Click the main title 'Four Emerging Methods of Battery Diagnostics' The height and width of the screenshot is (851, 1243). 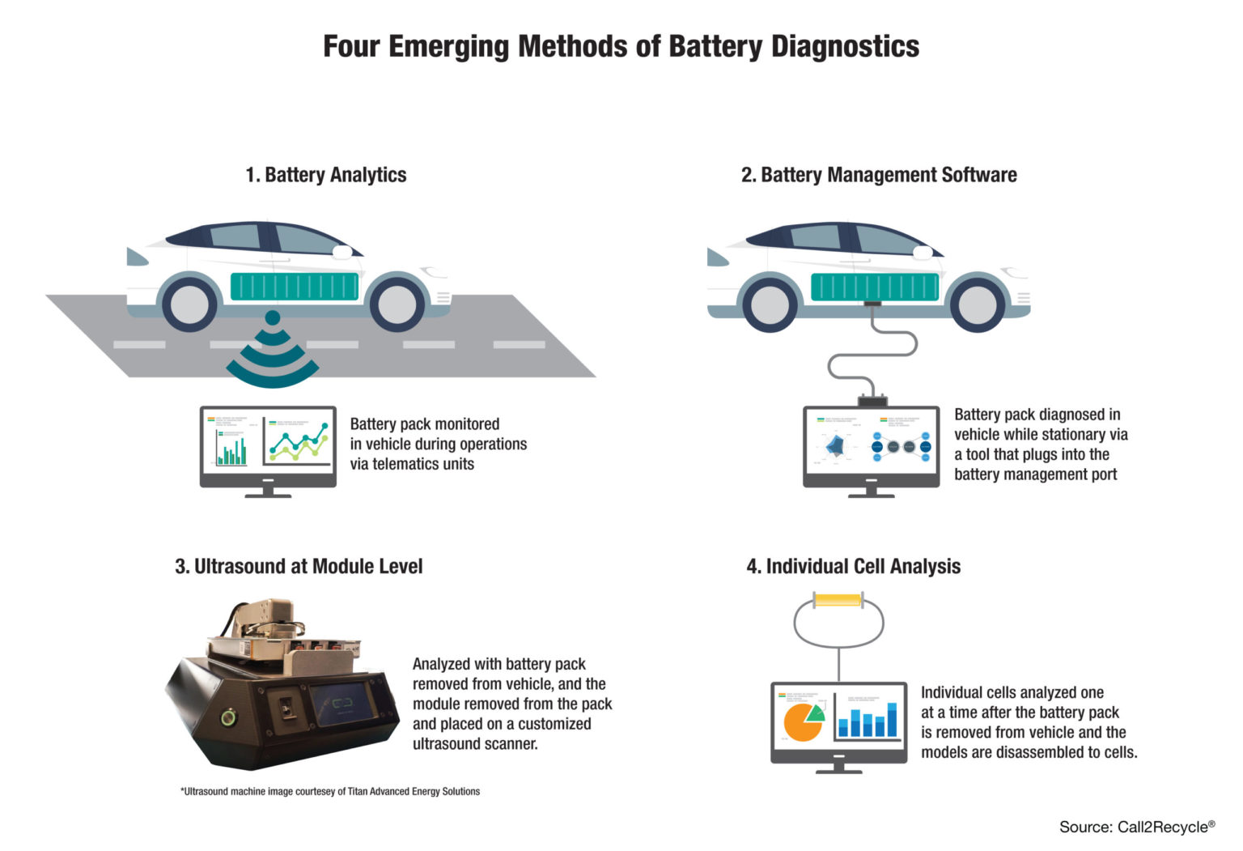[621, 46]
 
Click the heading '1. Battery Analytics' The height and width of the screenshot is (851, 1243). [325, 175]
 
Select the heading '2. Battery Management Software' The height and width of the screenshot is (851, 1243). [879, 175]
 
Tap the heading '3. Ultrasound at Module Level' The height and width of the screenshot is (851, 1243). [299, 566]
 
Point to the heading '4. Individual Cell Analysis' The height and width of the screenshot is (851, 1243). [853, 566]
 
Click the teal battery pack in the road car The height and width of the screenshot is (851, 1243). [295, 287]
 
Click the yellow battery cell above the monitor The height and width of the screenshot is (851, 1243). [838, 600]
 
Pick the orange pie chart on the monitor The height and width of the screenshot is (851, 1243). [802, 720]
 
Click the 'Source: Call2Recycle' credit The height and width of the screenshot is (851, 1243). [1136, 827]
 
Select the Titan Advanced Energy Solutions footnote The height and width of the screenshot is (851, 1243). [330, 791]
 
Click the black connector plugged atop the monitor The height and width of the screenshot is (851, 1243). [872, 400]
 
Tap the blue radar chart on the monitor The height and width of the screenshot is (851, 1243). [834, 445]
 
